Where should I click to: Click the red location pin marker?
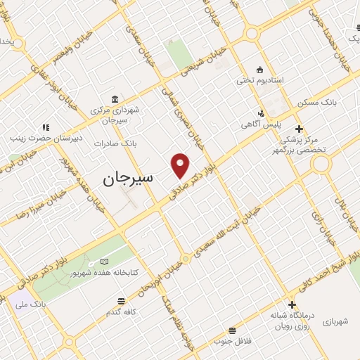(181, 165)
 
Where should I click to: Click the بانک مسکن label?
(316, 102)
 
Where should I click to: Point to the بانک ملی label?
(34, 304)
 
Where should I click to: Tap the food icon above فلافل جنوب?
(231, 330)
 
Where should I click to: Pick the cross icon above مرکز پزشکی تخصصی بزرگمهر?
(300, 129)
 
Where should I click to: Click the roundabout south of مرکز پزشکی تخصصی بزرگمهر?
(321, 165)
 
